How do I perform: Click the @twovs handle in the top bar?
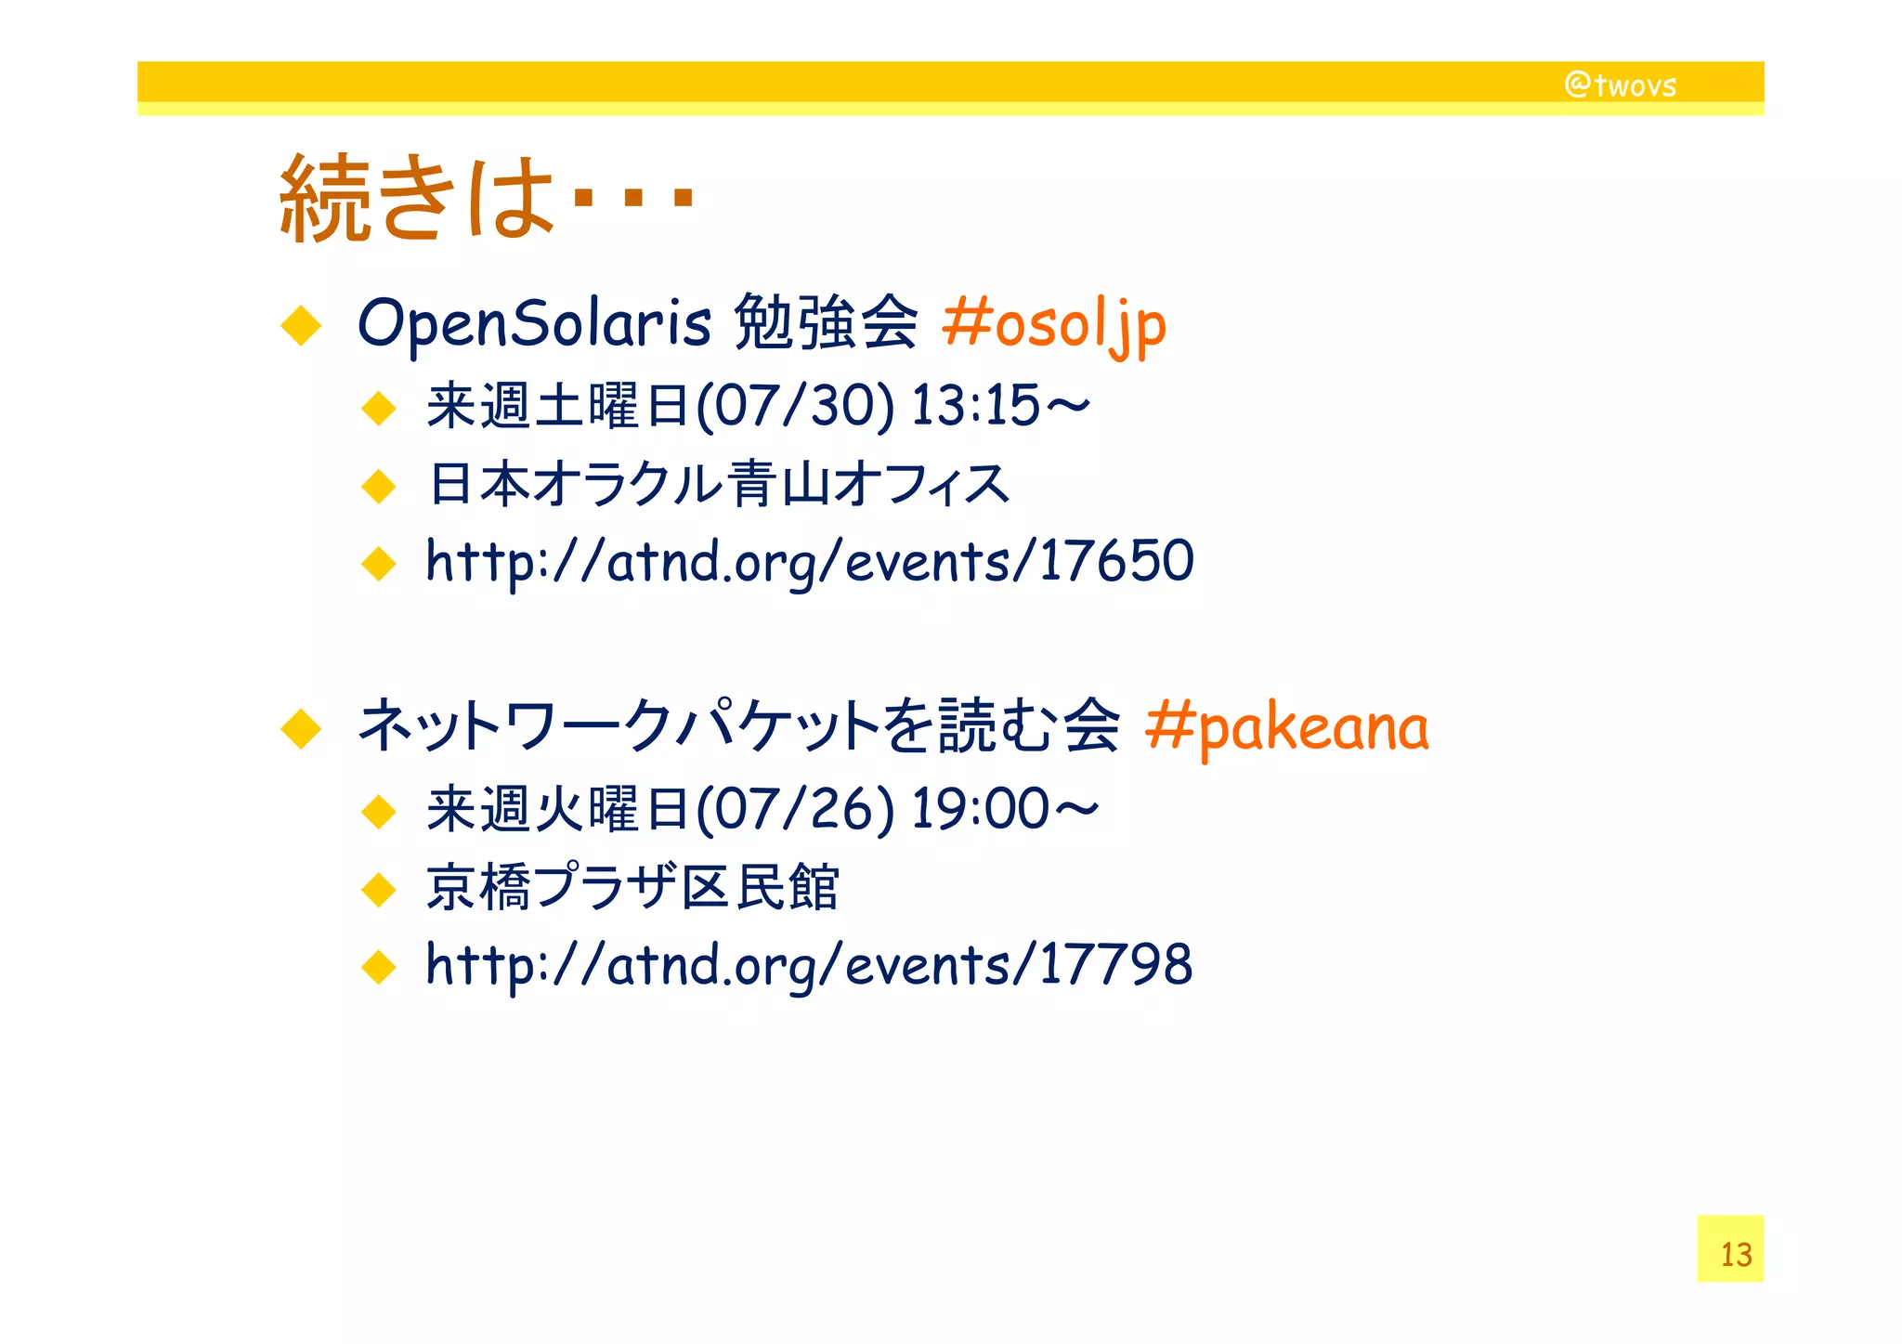1621,85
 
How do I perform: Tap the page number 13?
1735,1254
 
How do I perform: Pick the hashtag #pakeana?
1286,727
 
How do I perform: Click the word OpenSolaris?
534,323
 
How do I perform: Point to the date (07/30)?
795,406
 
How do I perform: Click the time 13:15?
975,406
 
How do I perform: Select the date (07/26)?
795,808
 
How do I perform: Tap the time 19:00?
980,808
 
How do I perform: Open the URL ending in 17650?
809,561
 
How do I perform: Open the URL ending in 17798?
809,964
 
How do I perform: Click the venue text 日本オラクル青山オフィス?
718,484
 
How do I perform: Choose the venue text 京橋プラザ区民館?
632,887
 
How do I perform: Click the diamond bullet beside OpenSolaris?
301,326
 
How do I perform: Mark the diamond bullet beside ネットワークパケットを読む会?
301,729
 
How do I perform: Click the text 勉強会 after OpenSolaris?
826,323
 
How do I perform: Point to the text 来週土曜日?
557,406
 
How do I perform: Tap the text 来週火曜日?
557,808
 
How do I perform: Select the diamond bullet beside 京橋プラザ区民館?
379,890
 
